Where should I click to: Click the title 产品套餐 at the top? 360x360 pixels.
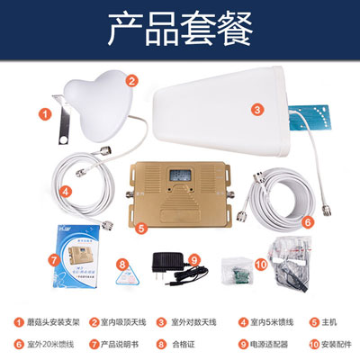click(x=179, y=29)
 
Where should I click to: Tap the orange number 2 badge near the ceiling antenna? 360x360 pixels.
click(x=132, y=80)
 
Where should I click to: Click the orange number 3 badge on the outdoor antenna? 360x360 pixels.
click(x=256, y=110)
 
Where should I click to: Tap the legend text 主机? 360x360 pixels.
click(x=329, y=320)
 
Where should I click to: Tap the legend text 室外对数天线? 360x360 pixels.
click(x=193, y=320)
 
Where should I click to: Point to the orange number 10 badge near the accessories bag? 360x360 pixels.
click(x=261, y=264)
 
